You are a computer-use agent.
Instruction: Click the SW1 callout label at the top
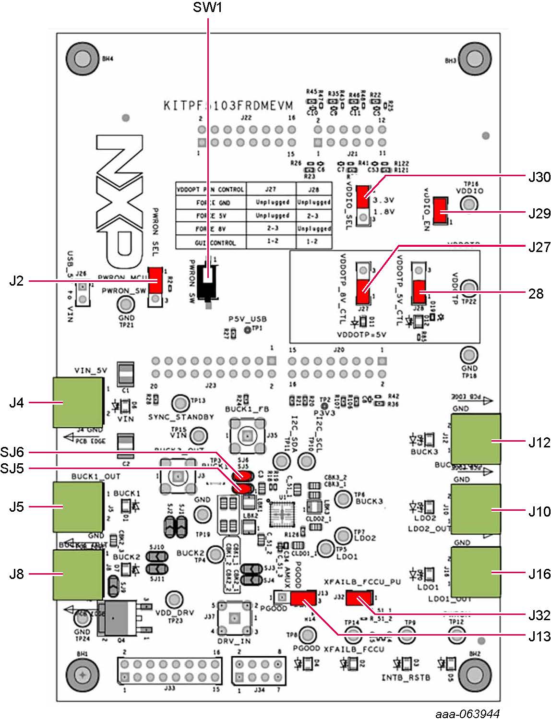point(207,7)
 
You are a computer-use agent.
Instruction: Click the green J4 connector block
point(78,402)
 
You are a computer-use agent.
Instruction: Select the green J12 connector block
point(476,439)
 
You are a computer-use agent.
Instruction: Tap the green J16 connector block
point(476,572)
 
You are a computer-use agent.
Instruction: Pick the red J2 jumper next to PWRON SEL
point(155,280)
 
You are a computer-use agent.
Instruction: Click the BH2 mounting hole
point(475,674)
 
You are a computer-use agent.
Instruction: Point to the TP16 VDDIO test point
point(469,204)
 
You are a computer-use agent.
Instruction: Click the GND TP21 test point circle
point(126,304)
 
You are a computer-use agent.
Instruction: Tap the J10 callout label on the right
point(539,511)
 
